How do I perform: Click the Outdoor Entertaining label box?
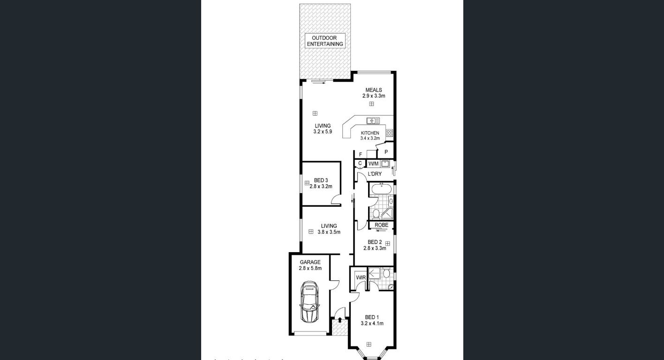point(325,41)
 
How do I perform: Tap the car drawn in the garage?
point(309,302)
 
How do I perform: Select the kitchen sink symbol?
point(373,120)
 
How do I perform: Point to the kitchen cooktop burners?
point(389,133)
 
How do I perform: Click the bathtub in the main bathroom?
point(381,189)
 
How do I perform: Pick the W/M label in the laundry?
point(373,164)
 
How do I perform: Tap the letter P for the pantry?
point(386,152)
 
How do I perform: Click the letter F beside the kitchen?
point(360,154)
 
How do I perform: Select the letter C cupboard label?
point(360,164)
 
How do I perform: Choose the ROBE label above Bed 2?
point(381,225)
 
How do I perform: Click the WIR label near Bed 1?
point(361,277)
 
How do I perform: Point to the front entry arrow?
point(340,320)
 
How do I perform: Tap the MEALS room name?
point(374,90)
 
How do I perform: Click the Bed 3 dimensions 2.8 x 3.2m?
point(321,187)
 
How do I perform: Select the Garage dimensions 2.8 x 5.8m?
point(310,269)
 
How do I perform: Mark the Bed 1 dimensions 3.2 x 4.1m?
point(372,323)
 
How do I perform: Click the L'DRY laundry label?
point(375,174)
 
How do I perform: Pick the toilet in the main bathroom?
point(376,214)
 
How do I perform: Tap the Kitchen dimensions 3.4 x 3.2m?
point(370,138)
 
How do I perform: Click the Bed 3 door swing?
point(336,200)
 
